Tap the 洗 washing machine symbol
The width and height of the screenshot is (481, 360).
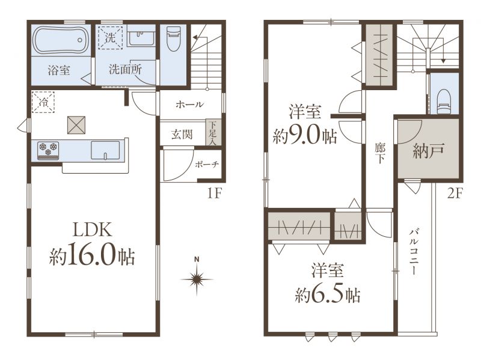110,38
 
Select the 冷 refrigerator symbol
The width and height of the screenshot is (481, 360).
43,102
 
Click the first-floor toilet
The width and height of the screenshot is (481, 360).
174,38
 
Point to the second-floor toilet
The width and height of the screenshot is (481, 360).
444,102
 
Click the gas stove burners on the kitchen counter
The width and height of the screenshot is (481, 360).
48,150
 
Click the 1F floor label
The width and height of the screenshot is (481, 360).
215,193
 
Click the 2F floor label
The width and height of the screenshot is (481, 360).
455,193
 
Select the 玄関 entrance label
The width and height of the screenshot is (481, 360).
182,134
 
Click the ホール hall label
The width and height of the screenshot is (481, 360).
190,105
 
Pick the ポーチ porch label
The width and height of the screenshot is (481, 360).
207,164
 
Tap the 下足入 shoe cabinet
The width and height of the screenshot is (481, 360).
213,133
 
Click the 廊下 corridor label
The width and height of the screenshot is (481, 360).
380,153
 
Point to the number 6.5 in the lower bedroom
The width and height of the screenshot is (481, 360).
328,294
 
